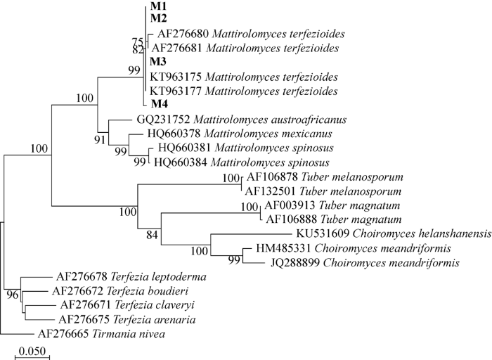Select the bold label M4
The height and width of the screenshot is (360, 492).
(160, 105)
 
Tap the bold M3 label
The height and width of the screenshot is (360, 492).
(159, 62)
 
